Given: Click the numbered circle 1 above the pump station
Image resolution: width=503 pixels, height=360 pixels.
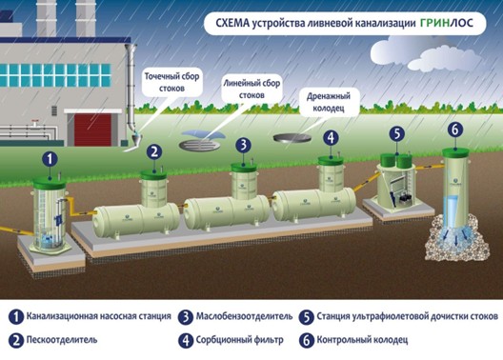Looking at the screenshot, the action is point(50,159).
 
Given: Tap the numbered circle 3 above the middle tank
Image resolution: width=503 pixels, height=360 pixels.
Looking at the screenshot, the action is point(244,145).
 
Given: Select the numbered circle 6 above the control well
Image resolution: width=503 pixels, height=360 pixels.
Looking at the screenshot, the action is point(454,130).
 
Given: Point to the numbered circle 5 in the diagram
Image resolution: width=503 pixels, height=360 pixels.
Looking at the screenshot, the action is point(397,133).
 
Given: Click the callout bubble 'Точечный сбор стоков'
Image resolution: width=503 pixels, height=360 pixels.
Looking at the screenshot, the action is point(171,83).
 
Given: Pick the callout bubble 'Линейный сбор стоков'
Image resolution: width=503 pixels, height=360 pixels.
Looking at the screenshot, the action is point(251,90).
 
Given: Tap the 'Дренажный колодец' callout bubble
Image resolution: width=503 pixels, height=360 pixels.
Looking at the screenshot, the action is point(328,102).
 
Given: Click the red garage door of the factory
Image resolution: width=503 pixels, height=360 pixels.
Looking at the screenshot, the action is point(92,130).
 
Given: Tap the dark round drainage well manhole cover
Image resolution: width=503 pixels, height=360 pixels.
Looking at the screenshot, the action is point(292,137).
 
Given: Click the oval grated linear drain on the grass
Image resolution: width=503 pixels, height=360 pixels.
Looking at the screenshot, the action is point(199,146).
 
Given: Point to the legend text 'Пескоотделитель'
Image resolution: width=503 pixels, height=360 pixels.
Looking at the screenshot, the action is point(62,339).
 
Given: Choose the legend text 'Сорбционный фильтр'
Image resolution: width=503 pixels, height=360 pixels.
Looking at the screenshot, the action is point(240,340).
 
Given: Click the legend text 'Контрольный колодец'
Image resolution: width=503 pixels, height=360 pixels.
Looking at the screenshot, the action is point(362,340).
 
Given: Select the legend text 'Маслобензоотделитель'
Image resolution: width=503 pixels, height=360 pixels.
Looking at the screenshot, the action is point(244,316).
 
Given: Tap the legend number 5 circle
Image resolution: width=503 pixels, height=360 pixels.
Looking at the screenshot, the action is point(307,317).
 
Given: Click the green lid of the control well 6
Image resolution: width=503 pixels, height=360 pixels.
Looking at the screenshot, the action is point(455,152).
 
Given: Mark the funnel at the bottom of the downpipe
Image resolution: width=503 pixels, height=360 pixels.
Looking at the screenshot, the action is point(136,138).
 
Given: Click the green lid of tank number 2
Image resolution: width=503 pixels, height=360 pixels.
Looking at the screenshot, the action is point(153,175).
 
